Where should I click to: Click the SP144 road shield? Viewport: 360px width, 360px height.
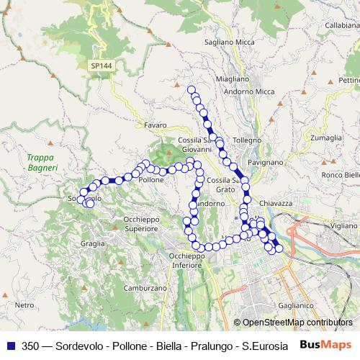102,66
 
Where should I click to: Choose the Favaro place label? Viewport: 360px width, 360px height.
155,125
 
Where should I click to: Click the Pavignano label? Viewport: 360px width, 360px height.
266,163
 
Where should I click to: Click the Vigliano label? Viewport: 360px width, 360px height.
344,225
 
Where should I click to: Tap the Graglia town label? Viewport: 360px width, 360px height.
93,243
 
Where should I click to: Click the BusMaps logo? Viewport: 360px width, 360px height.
327,345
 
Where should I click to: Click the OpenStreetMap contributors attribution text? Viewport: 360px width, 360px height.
297,323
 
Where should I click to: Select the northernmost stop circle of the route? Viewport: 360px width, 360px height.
192,90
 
